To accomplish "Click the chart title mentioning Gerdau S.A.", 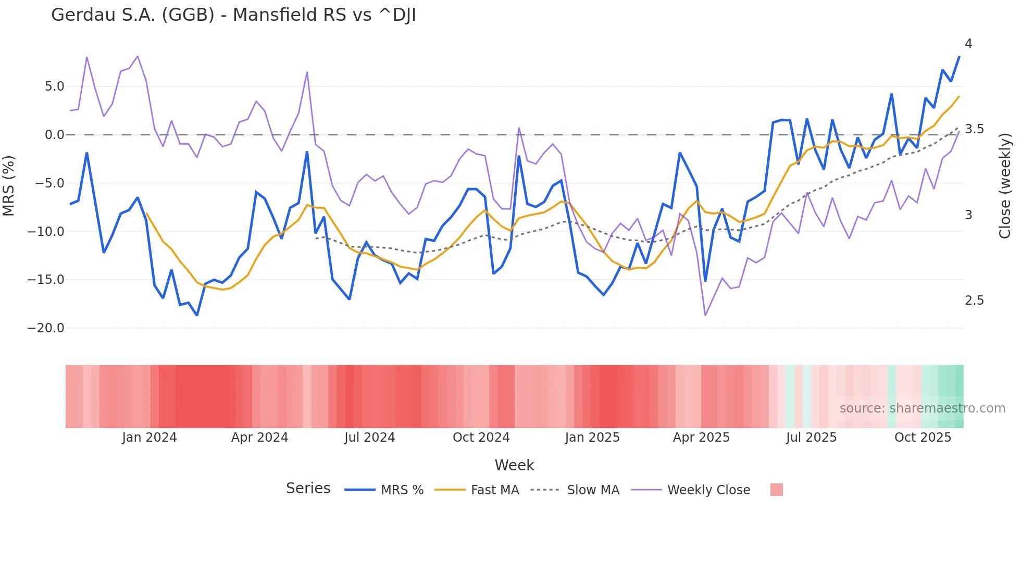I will pyautogui.click(x=233, y=15).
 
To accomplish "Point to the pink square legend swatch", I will pyautogui.click(x=776, y=490).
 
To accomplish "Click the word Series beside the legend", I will pyautogui.click(x=308, y=489).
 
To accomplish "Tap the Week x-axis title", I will pyautogui.click(x=514, y=465).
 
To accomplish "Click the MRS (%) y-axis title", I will pyautogui.click(x=9, y=185).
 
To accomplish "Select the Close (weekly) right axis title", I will pyautogui.click(x=1005, y=185).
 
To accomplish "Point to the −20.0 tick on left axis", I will pyautogui.click(x=46, y=328).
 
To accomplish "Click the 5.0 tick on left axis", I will pyautogui.click(x=54, y=86).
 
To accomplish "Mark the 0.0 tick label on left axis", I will pyautogui.click(x=54, y=135).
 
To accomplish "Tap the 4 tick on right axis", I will pyautogui.click(x=968, y=44).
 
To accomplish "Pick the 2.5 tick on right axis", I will pyautogui.click(x=974, y=301).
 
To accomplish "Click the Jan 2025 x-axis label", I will pyautogui.click(x=592, y=438).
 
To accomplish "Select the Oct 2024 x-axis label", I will pyautogui.click(x=481, y=438).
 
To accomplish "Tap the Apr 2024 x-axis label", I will pyautogui.click(x=259, y=438).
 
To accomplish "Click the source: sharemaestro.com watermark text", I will pyautogui.click(x=922, y=408).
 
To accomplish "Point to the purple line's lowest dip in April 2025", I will pyautogui.click(x=705, y=315).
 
